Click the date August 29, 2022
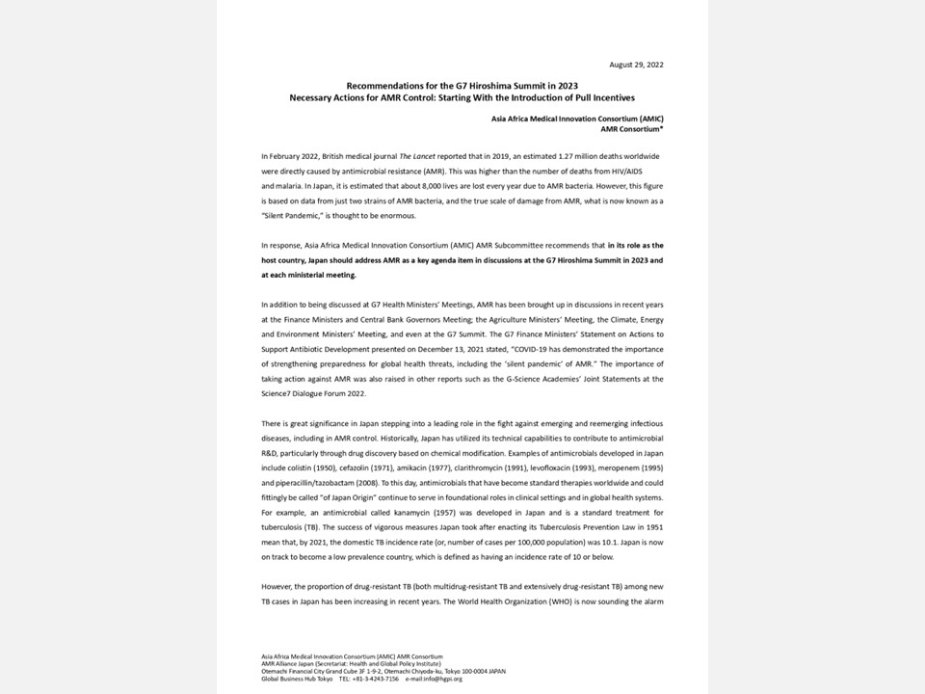point(636,65)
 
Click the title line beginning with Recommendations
point(462,86)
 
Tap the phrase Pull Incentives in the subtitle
point(601,97)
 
